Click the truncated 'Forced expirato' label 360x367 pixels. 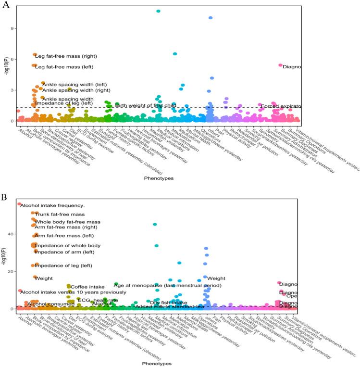281,106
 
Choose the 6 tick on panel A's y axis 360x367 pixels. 11,59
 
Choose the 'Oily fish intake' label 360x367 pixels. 166,303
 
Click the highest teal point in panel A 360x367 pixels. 159,11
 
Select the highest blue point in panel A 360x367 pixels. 211,18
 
